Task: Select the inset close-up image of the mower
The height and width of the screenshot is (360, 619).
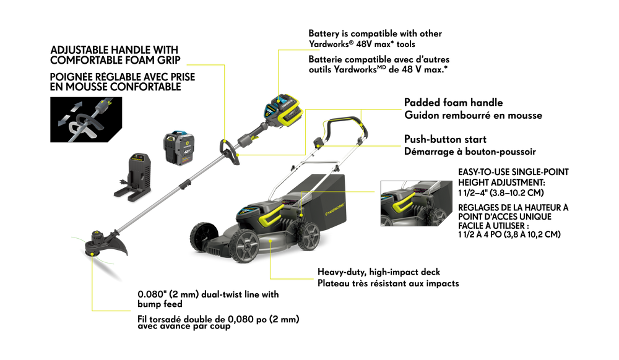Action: (416, 203)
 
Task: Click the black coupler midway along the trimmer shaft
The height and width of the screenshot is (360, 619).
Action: (184, 184)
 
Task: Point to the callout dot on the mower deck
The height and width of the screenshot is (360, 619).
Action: (270, 238)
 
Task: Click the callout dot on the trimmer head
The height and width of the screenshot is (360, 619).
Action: (92, 254)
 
